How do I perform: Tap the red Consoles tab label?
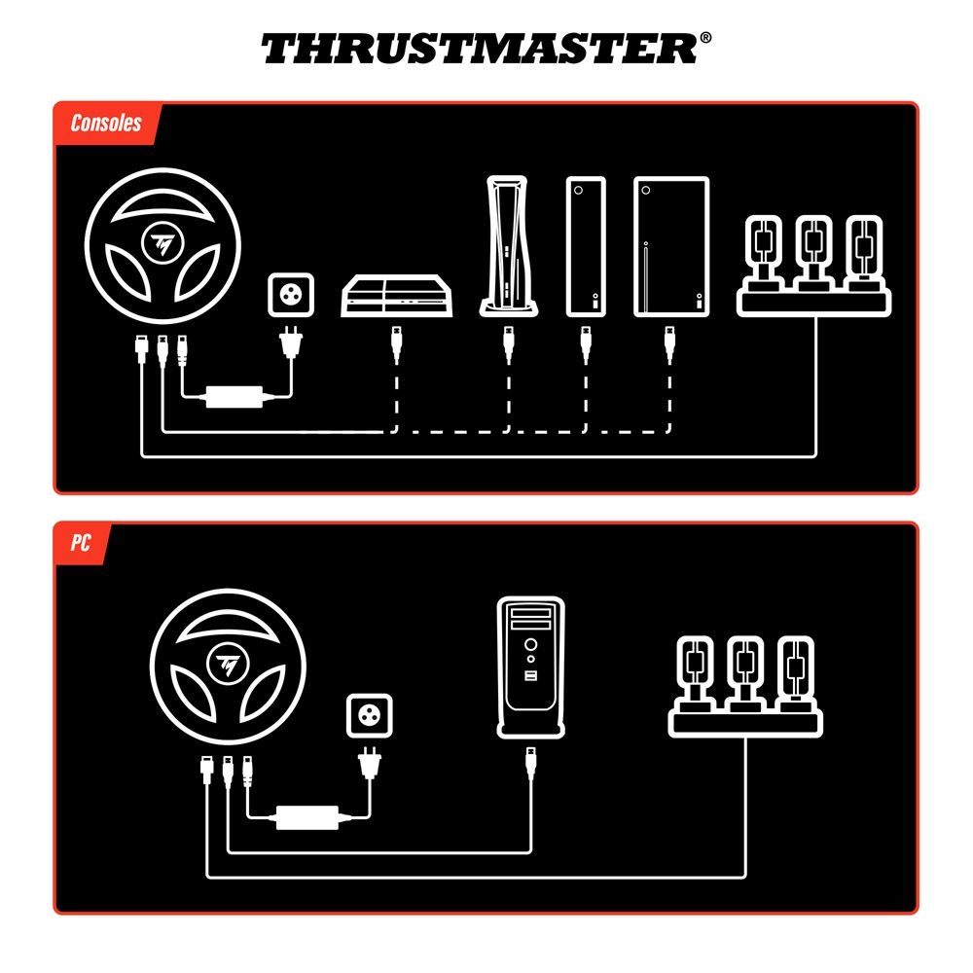tap(106, 124)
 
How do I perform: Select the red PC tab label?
tap(81, 543)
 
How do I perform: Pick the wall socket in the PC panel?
tap(370, 717)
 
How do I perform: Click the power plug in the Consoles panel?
tap(289, 342)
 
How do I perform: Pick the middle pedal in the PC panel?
tap(745, 671)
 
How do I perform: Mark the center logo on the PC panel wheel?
tap(230, 664)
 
